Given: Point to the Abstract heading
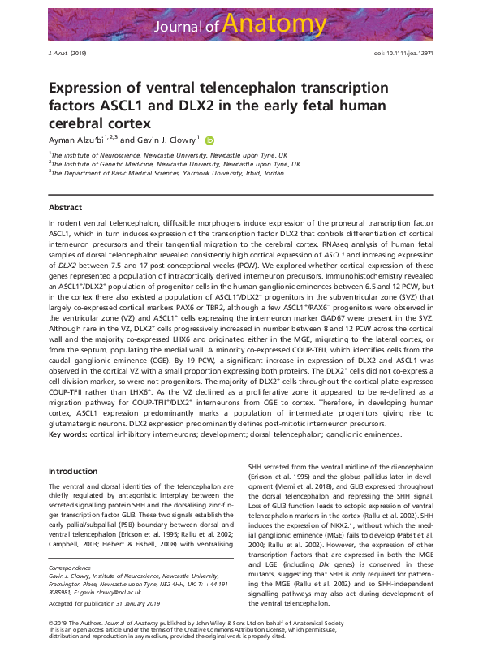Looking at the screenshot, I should click(x=65, y=208).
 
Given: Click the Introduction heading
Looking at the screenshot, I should click(x=73, y=471).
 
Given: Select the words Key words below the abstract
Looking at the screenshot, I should click(x=67, y=435).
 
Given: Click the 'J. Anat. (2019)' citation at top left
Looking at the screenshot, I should click(x=62, y=53).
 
